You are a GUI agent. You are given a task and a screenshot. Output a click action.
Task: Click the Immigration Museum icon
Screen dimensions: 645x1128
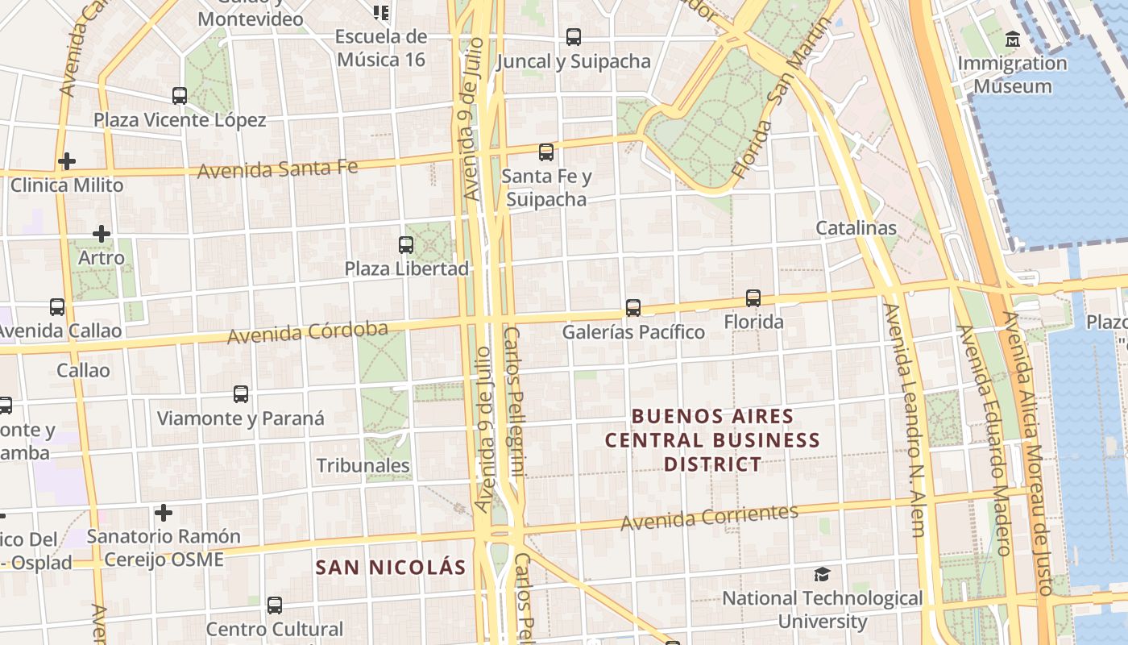pyautogui.click(x=1013, y=39)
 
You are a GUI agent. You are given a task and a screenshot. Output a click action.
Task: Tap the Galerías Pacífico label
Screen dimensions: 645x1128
pyautogui.click(x=633, y=331)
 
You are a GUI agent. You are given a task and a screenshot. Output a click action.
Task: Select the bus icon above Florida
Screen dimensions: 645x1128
pyautogui.click(x=753, y=298)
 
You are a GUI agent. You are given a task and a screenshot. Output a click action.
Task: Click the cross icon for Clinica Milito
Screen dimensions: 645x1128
pyautogui.click(x=67, y=161)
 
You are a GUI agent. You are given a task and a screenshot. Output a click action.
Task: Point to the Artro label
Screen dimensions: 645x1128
pyautogui.click(x=102, y=258)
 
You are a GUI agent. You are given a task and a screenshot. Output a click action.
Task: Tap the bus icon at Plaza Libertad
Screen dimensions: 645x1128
pyautogui.click(x=406, y=245)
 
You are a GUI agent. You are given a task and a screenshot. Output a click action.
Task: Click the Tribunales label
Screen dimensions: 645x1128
pyautogui.click(x=363, y=465)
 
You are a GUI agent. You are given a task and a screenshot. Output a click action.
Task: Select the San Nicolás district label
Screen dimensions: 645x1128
pyautogui.click(x=391, y=567)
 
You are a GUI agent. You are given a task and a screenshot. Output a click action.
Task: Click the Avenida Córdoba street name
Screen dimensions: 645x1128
pyautogui.click(x=307, y=331)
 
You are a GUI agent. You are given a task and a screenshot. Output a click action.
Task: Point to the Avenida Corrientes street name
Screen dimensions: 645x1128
pyautogui.click(x=709, y=517)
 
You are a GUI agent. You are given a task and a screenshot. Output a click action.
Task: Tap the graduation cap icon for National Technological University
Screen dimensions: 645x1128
pyautogui.click(x=822, y=574)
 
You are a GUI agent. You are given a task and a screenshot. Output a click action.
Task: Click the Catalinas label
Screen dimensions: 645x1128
pyautogui.click(x=856, y=228)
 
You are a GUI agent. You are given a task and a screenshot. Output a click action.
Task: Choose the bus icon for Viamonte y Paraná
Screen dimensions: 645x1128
pyautogui.click(x=241, y=394)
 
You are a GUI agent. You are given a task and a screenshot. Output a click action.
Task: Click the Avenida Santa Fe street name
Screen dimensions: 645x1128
pyautogui.click(x=277, y=169)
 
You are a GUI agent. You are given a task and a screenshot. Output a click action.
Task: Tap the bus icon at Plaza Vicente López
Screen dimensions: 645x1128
pyautogui.click(x=180, y=96)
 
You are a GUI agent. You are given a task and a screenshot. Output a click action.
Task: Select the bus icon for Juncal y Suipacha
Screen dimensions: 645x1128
pyautogui.click(x=573, y=37)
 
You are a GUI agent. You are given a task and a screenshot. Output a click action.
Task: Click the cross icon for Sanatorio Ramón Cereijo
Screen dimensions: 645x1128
pyautogui.click(x=164, y=513)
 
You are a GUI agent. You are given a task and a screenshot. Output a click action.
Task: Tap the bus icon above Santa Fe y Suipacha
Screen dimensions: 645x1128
pyautogui.click(x=546, y=152)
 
